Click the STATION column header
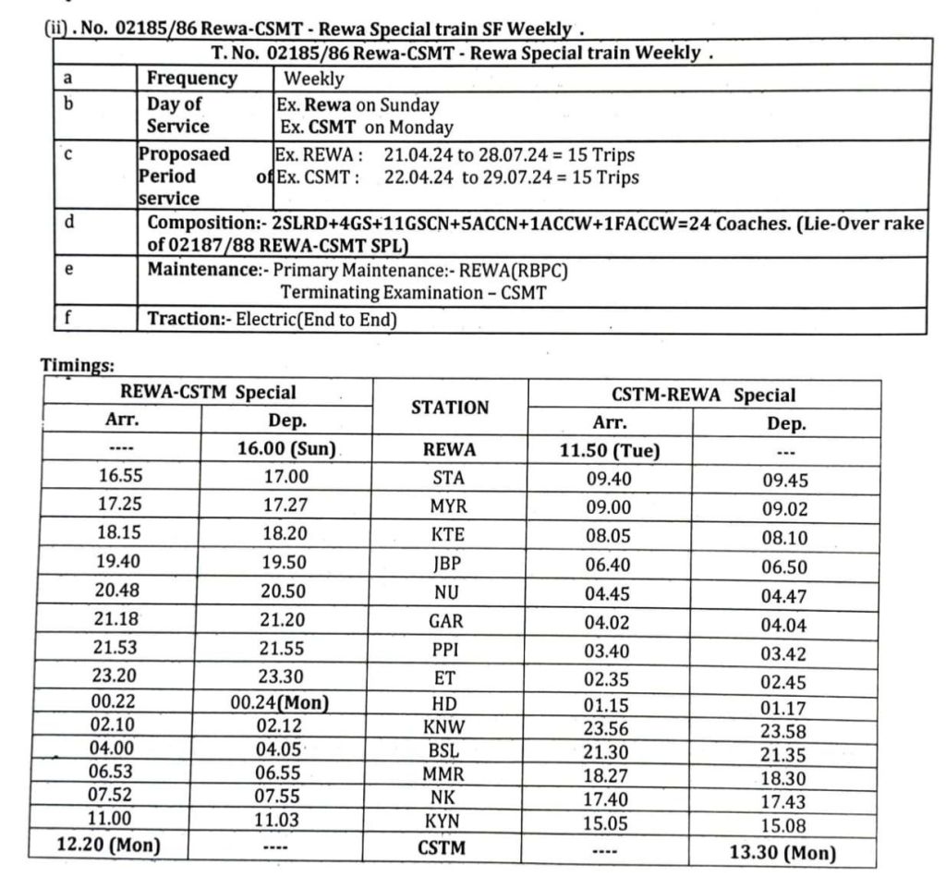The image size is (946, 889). click(x=450, y=407)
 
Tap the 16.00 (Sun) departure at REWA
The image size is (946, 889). click(x=286, y=450)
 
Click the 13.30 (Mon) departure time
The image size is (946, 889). click(x=782, y=853)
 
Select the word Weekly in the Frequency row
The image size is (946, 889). click(x=314, y=79)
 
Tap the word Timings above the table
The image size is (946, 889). click(x=75, y=365)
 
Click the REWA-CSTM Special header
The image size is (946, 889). click(x=207, y=392)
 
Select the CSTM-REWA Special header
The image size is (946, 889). click(x=704, y=395)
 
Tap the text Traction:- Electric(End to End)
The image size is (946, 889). click(x=273, y=320)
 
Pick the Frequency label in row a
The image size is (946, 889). click(x=192, y=79)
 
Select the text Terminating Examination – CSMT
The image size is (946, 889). click(x=413, y=293)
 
